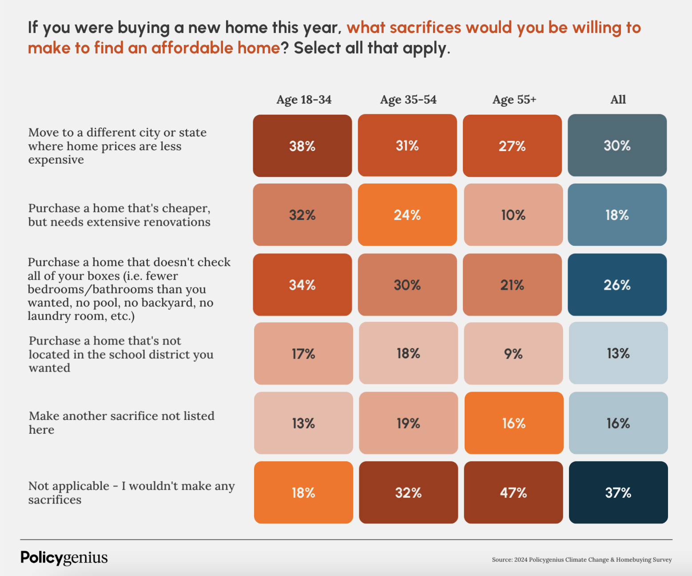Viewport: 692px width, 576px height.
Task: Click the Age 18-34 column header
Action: (x=304, y=100)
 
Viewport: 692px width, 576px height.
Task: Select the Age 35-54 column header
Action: (x=408, y=100)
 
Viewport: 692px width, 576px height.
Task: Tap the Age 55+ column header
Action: (x=514, y=100)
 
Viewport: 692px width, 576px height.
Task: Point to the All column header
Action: (x=618, y=100)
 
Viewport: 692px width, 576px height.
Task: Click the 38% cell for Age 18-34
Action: (x=302, y=146)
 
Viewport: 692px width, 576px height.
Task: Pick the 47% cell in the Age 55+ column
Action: (x=513, y=492)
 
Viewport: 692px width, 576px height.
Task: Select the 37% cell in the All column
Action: (x=618, y=492)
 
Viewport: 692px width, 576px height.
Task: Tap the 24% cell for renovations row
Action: (x=407, y=215)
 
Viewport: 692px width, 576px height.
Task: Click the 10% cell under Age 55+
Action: (x=513, y=215)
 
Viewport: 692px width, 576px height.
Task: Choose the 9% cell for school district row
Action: (x=513, y=353)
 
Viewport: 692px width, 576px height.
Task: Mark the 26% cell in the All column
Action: (x=617, y=285)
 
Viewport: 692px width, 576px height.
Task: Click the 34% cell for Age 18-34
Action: (x=302, y=285)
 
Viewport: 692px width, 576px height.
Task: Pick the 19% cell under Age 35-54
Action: (x=408, y=423)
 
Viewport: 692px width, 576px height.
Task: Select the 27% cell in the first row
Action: (x=512, y=146)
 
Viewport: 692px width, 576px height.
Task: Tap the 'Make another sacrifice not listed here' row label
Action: (x=121, y=423)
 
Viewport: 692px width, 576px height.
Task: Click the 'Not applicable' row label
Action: (x=131, y=492)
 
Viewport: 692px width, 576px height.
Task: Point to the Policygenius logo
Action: (x=64, y=558)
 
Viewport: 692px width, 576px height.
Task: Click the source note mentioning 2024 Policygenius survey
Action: (x=581, y=560)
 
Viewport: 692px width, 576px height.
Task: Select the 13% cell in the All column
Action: (x=618, y=353)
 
